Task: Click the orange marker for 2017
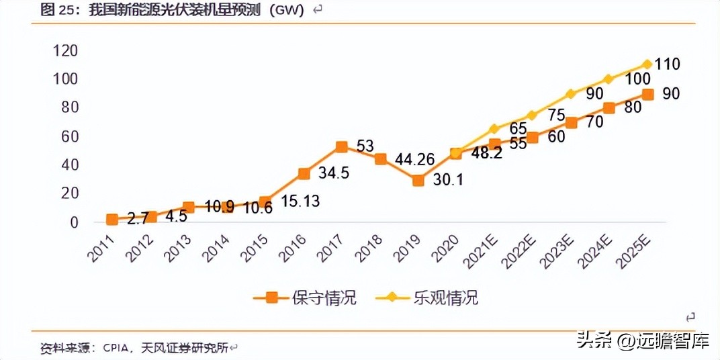[342, 147]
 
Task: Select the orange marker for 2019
[418, 180]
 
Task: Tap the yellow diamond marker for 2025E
[647, 64]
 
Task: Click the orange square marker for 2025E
[647, 95]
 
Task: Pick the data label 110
[668, 64]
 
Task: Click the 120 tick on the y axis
[66, 51]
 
